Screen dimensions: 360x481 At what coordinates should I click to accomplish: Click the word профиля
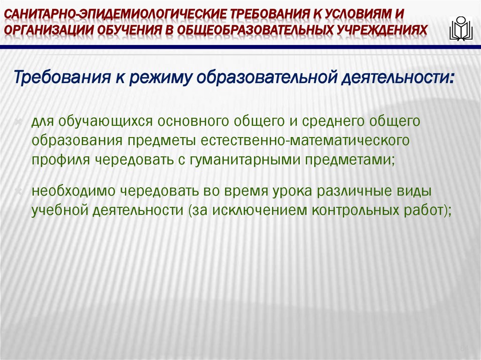pos(62,159)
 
